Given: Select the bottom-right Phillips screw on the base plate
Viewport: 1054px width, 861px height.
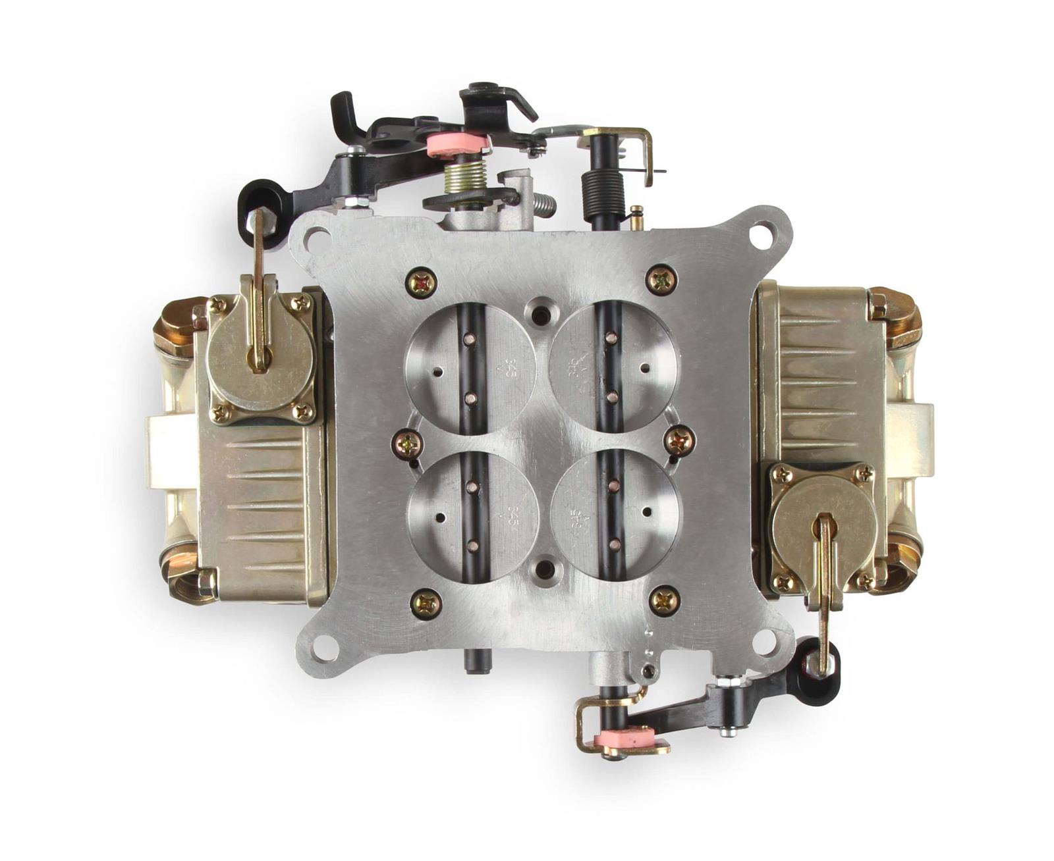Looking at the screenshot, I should pos(664,600).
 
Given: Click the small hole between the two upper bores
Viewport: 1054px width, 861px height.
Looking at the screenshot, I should pos(541,313).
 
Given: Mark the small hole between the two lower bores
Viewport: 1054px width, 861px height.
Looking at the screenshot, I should pos(544,567).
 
